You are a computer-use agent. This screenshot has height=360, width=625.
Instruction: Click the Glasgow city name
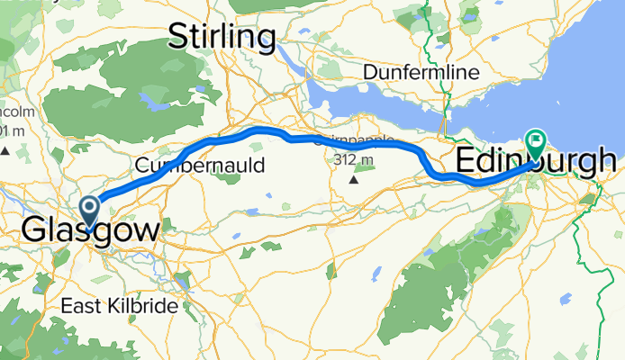(x=90, y=229)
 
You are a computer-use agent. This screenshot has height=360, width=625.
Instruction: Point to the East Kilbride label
(x=119, y=306)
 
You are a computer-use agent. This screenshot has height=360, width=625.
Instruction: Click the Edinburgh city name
(x=537, y=162)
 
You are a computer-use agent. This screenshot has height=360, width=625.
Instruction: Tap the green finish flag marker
(x=536, y=140)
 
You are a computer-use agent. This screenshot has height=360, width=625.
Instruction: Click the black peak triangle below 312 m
(x=353, y=178)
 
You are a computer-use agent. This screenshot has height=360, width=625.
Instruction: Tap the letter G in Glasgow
(x=32, y=229)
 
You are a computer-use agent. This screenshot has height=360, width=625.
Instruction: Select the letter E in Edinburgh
(x=467, y=162)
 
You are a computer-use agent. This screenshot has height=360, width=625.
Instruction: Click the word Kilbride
(x=144, y=306)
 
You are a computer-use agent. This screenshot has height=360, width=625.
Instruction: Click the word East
(x=78, y=306)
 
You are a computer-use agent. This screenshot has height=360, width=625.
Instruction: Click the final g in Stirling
(x=265, y=40)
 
